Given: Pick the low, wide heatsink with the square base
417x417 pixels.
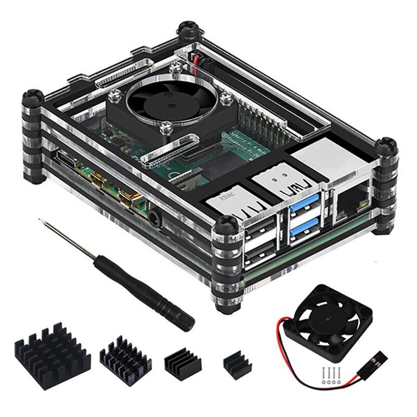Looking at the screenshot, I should click(x=182, y=361).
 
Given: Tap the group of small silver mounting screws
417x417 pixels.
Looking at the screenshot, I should click(x=329, y=376).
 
